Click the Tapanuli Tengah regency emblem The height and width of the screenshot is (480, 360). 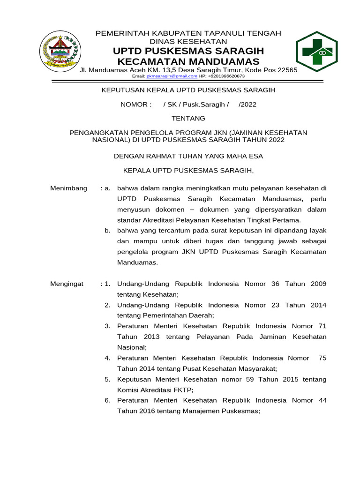point(59,51)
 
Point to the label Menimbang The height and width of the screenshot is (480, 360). point(68,188)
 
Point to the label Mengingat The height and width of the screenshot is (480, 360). point(67,284)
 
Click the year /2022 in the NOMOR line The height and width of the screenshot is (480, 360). point(247,105)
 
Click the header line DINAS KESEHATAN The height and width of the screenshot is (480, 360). point(188,41)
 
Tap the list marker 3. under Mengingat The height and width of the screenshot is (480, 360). point(107,326)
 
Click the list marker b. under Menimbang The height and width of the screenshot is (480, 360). point(107,230)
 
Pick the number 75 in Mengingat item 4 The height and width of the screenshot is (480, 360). point(322,358)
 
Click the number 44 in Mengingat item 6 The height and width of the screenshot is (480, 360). point(322,400)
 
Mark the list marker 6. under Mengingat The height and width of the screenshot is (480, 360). point(107,400)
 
